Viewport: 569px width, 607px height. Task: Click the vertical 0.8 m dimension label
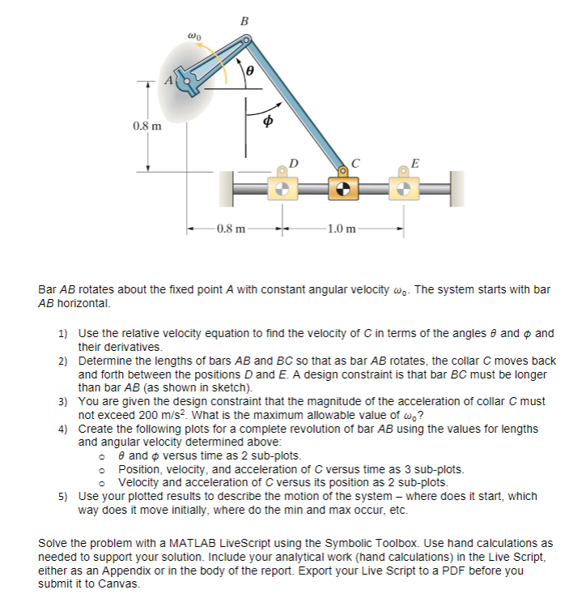coord(146,126)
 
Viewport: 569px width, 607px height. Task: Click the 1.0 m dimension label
coord(342,230)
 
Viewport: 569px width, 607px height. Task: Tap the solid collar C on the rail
coord(343,190)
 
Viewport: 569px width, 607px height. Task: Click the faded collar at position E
coord(404,190)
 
